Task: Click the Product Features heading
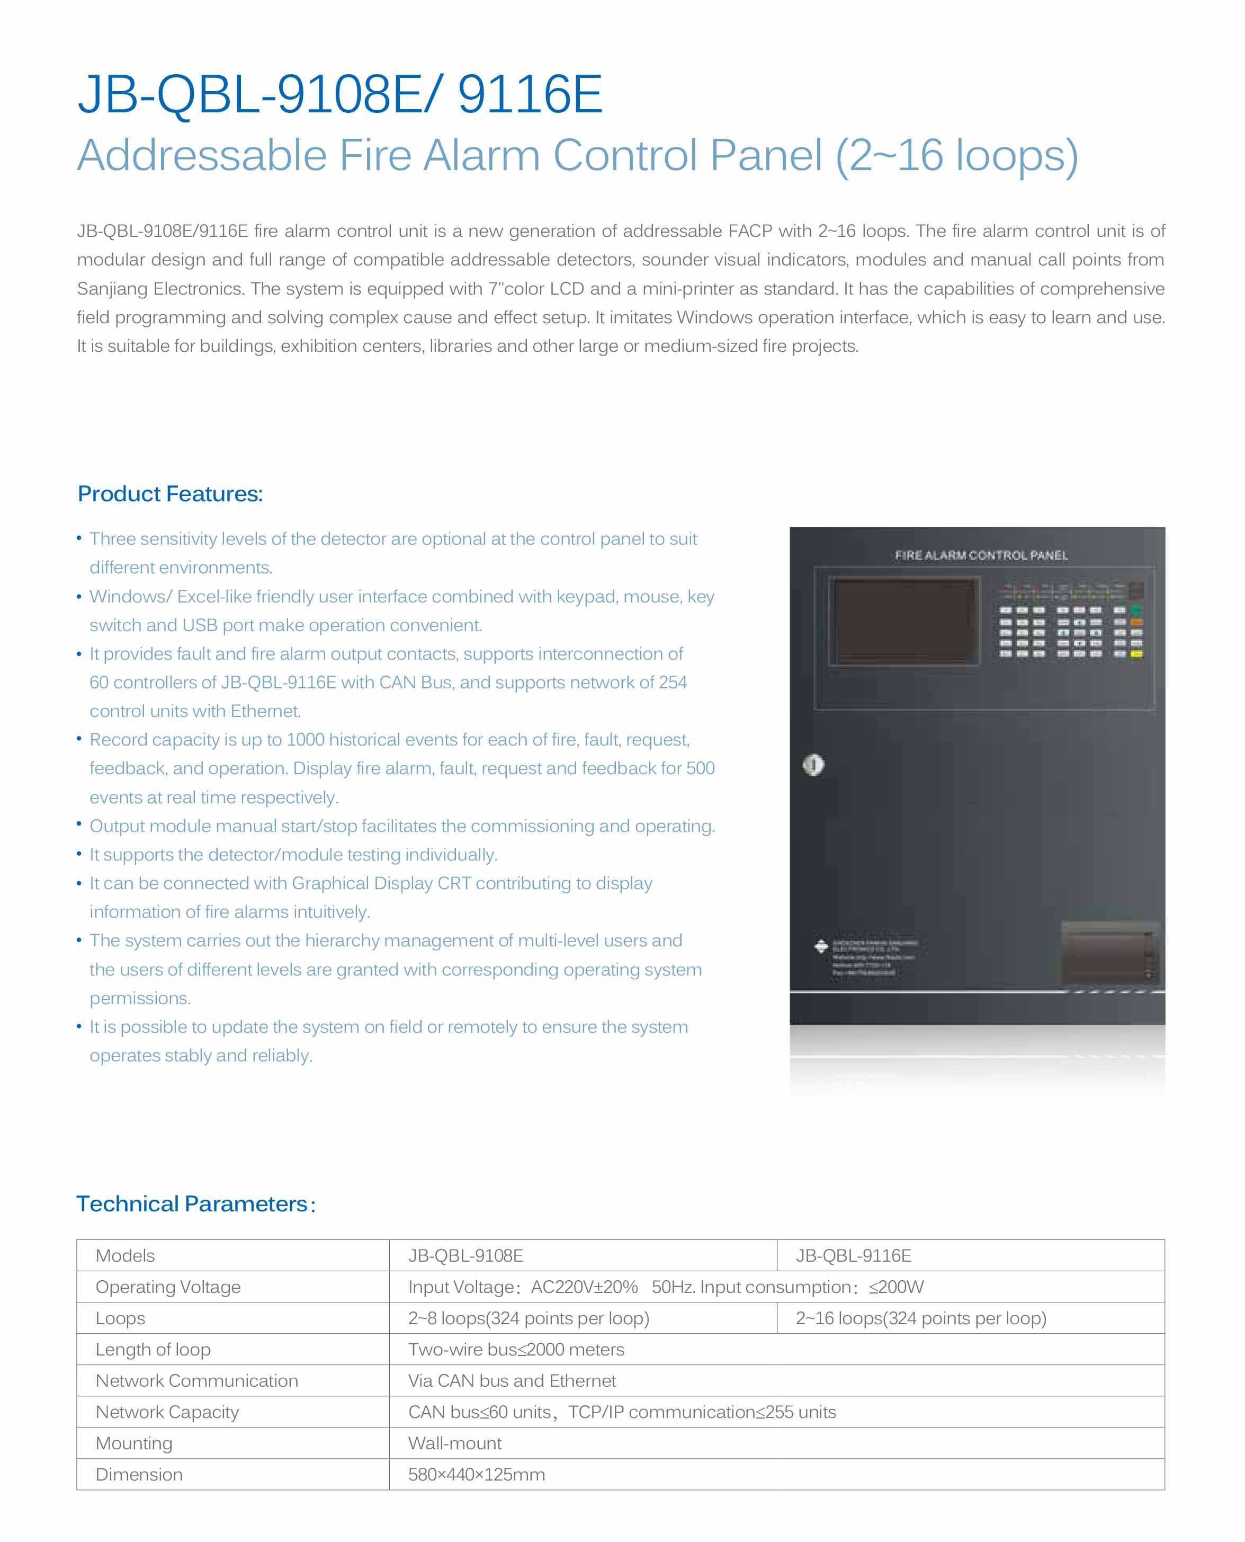tap(170, 494)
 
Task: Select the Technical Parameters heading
tap(195, 1203)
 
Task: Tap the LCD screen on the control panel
tap(902, 620)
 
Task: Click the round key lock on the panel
tap(813, 765)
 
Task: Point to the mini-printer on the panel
tap(1109, 951)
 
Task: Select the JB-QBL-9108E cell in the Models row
tap(465, 1256)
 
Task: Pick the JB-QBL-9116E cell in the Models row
tap(854, 1256)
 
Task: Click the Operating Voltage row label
tap(168, 1287)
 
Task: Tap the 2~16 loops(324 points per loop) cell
tap(921, 1318)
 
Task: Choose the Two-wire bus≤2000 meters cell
tap(516, 1349)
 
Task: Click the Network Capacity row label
tap(167, 1412)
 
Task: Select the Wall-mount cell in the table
tap(455, 1443)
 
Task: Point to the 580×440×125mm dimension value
tap(476, 1475)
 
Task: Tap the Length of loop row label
tap(153, 1349)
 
